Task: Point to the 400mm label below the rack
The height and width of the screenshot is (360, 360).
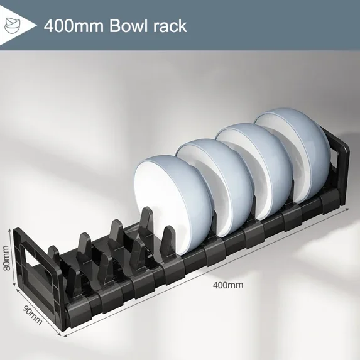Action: pyautogui.click(x=227, y=285)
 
